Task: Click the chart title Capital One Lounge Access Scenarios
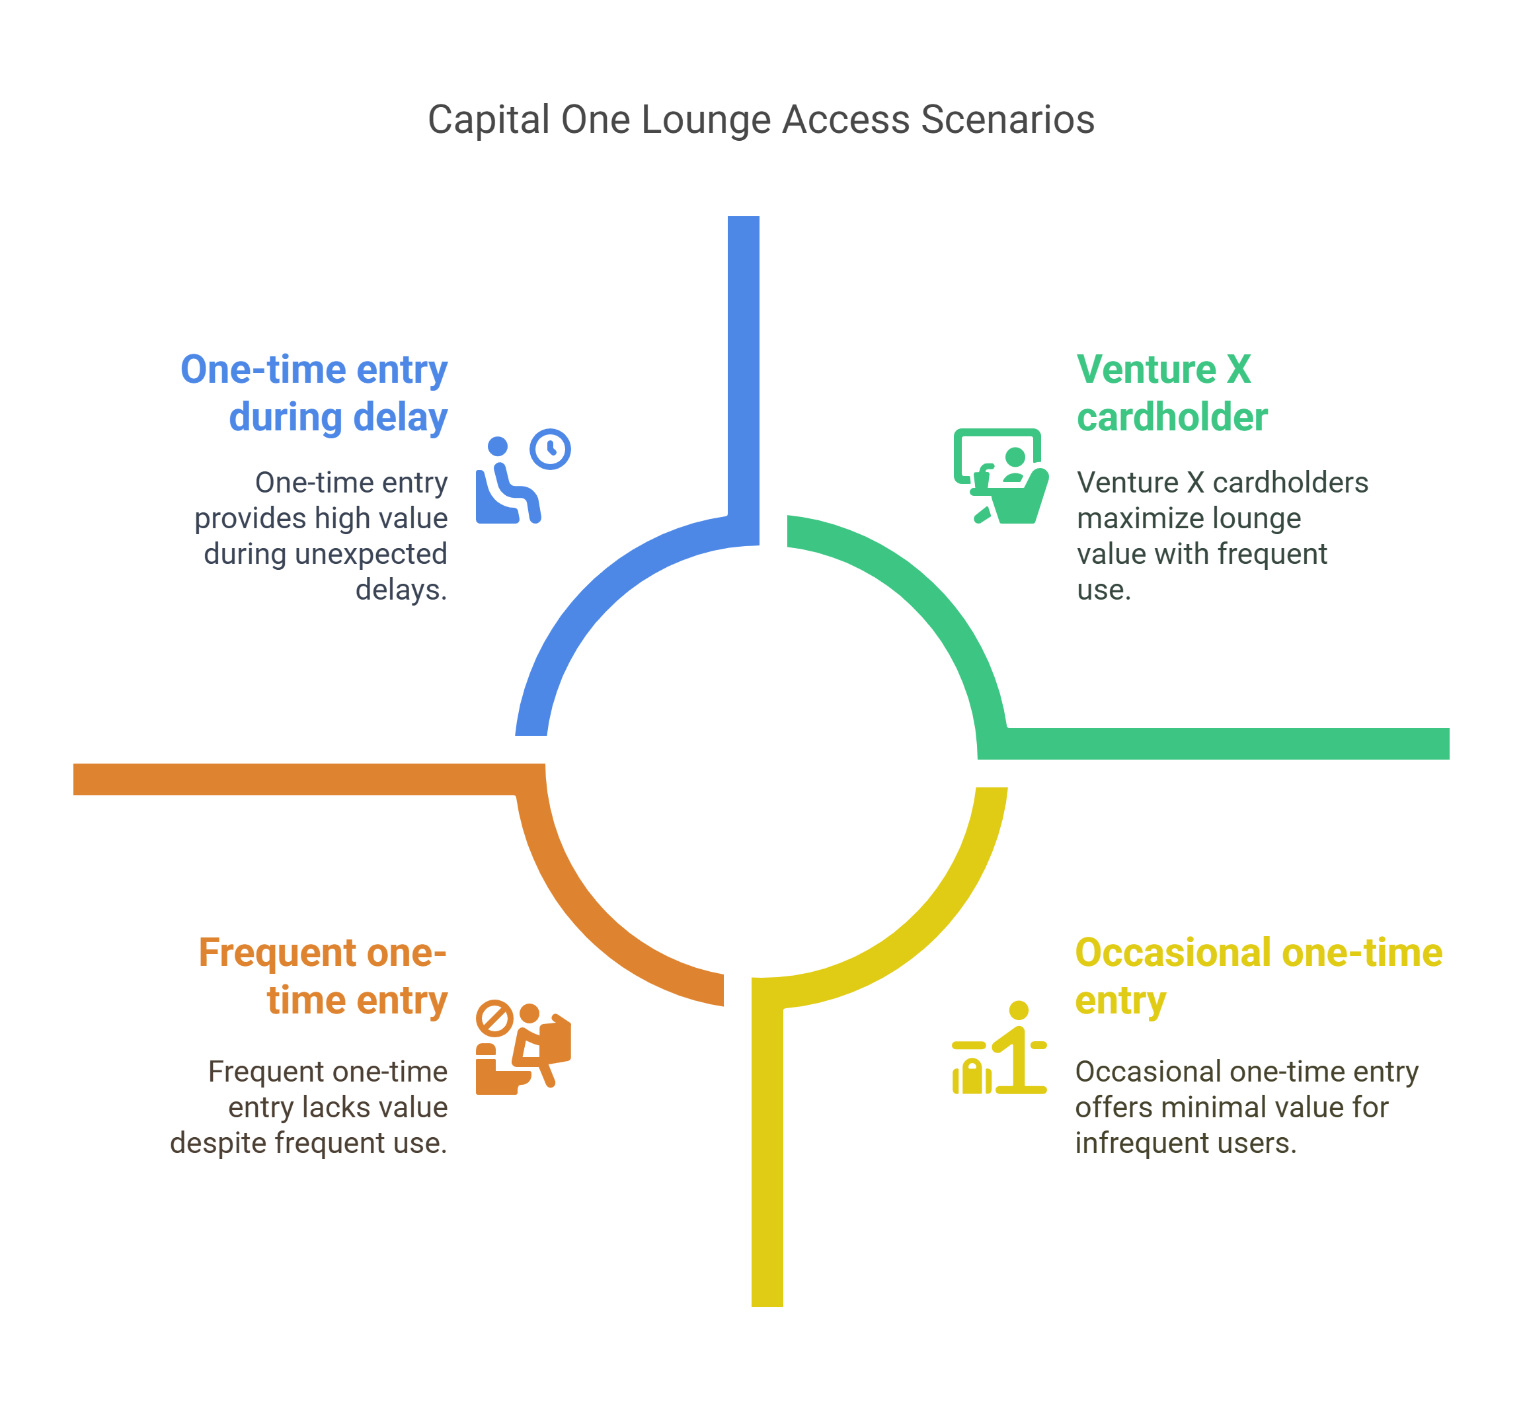coord(761,120)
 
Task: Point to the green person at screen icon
coord(1001,477)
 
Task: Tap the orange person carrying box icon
coord(524,1047)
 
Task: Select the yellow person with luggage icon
coord(999,1048)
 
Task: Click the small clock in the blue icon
coord(550,449)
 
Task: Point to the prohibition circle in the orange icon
coord(494,1018)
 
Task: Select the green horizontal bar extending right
coord(1226,743)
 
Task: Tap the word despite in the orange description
coord(218,1143)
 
